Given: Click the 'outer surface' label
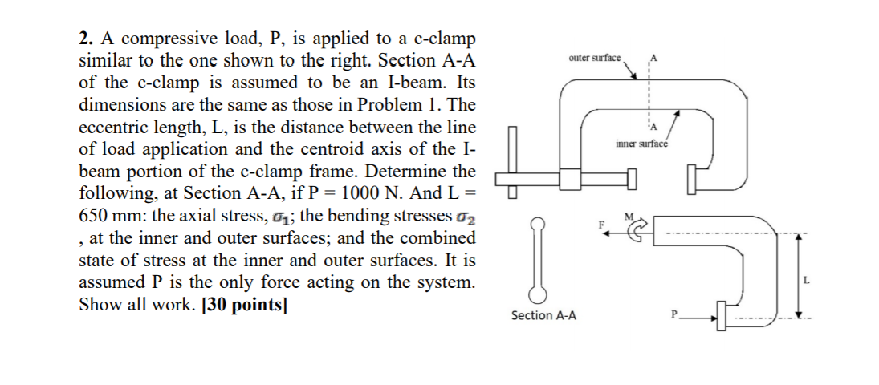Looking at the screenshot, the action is coord(594,58).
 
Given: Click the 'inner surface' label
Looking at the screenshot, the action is coord(641,144).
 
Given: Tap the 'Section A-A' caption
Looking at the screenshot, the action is coord(543,315).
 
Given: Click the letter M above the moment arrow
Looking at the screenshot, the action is coord(629,215).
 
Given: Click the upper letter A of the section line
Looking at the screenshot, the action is coord(654,58).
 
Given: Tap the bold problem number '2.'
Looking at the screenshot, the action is coord(85,38).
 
